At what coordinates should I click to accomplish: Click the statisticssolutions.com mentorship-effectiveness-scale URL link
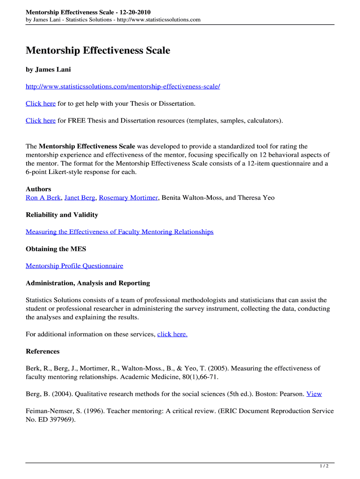tap(122, 87)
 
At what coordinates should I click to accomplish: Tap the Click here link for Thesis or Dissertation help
tap(41, 103)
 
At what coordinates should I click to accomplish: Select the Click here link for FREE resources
tap(41, 121)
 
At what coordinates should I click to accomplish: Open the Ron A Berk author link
tap(43, 198)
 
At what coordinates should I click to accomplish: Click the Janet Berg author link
tap(80, 198)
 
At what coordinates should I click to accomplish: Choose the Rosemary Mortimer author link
tap(129, 198)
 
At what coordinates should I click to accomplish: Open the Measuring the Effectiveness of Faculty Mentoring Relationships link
tap(119, 232)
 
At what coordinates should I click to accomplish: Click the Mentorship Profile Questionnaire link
tap(74, 266)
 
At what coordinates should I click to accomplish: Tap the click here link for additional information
tap(173, 334)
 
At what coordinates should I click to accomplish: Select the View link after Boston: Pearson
tap(314, 394)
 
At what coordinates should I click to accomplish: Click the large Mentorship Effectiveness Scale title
tap(98, 51)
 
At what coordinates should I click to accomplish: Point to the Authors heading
tap(38, 189)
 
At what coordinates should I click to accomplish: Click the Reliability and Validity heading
tap(62, 215)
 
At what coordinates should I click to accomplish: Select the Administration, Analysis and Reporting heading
tap(88, 283)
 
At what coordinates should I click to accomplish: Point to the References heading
tap(43, 351)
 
